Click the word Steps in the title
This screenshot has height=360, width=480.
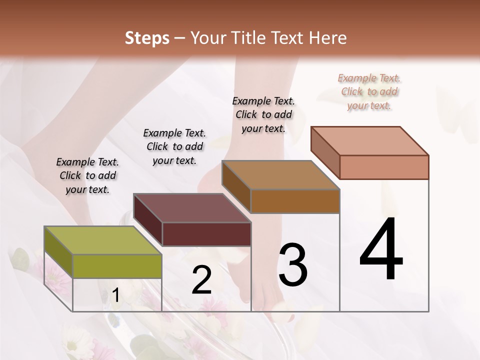coord(147,38)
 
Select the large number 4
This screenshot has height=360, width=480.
coord(381,250)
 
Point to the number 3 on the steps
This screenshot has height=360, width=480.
coord(293,265)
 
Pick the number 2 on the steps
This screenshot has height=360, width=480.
coord(201,280)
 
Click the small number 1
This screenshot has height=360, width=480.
coord(115,296)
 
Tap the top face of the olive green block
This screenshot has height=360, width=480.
coord(103,240)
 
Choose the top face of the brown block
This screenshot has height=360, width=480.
coord(280,175)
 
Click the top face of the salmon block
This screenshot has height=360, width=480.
coord(370,141)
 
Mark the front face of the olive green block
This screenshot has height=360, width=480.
coord(117,266)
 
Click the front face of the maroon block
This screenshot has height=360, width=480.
coord(206,234)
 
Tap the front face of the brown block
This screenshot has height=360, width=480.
coord(295,201)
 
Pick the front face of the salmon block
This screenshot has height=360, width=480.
coord(384,167)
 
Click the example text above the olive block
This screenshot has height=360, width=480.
coord(87,175)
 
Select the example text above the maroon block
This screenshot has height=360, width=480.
coord(174,146)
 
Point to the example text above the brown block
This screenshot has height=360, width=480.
coord(263,114)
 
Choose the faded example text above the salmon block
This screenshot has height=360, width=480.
coord(369,91)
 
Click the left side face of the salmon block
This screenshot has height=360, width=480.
coord(325,152)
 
